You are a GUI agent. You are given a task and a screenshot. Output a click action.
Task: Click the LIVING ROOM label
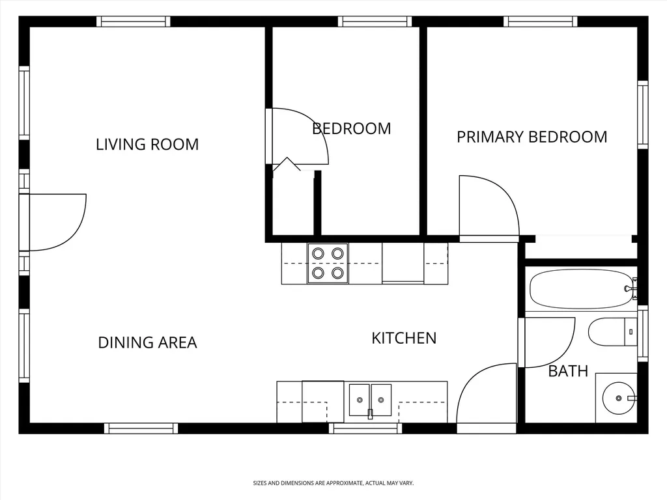coord(147,145)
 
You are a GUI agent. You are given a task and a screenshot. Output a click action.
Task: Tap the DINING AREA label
coord(148,342)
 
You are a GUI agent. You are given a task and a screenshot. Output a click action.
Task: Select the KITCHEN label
coord(404,339)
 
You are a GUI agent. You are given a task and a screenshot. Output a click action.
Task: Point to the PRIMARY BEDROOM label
coord(532,137)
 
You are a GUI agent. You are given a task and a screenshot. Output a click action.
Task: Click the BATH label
coord(568,371)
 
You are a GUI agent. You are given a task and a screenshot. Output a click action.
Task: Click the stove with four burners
coord(328,263)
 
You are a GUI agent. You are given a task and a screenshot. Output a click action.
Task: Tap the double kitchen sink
coord(370,400)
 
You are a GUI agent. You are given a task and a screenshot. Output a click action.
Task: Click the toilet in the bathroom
coord(612,331)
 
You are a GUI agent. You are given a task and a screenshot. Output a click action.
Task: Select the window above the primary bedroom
coord(540,21)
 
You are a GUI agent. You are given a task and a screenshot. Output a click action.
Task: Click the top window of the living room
coord(133,21)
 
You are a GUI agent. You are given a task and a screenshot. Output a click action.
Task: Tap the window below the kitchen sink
coord(365,428)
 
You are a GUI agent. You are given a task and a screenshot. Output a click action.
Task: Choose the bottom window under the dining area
coord(141,428)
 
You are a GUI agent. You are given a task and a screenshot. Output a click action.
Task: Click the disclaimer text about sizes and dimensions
coord(333,483)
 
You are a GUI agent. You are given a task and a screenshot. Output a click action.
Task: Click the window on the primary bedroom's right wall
coord(642,115)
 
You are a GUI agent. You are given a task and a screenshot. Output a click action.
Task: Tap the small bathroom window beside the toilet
coord(642,333)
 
